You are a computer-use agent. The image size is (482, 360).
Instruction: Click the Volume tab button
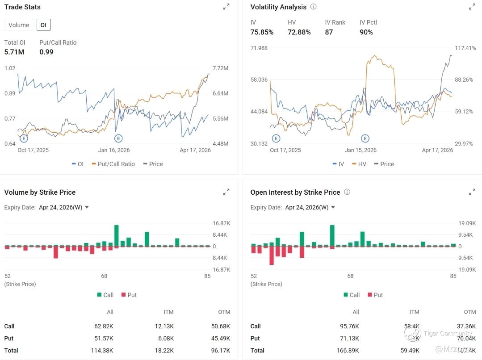[19, 25]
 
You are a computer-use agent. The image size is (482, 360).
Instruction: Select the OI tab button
[43, 25]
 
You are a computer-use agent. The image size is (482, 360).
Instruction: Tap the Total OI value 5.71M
[14, 52]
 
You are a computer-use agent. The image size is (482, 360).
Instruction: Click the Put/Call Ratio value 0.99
[46, 52]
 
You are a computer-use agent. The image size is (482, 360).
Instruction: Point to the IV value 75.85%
[262, 32]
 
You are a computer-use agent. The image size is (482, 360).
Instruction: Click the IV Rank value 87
[329, 32]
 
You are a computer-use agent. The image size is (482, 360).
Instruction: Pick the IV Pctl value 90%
[366, 32]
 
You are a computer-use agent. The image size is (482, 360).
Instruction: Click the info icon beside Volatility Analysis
[313, 7]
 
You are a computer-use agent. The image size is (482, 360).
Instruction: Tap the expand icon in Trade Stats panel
[226, 7]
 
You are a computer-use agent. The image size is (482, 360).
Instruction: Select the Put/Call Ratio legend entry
[113, 164]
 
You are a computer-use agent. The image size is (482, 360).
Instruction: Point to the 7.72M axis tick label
[220, 68]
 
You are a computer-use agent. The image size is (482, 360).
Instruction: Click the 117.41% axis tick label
[465, 48]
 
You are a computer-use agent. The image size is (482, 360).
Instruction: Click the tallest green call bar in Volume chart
[117, 235]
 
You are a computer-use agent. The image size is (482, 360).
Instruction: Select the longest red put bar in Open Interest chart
[272, 255]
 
